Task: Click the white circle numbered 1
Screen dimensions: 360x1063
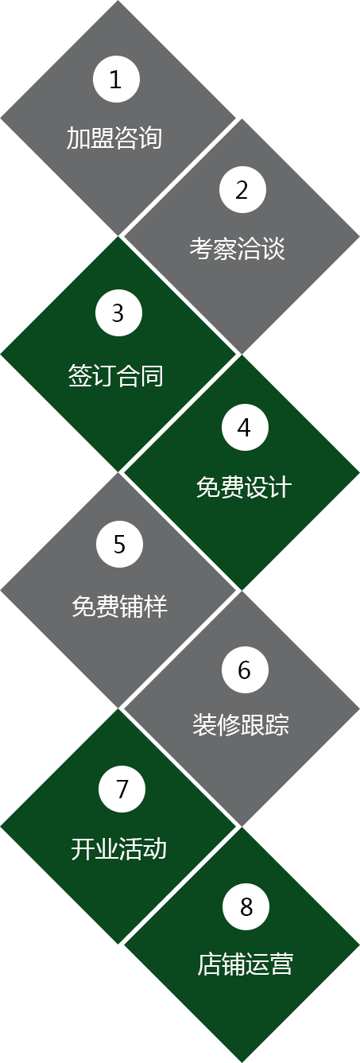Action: (116, 79)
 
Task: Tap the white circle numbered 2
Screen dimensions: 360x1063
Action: (242, 189)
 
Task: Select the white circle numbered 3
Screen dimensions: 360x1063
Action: (118, 312)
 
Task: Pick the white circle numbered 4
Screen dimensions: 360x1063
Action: (245, 427)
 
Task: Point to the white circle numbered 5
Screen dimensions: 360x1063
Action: (119, 544)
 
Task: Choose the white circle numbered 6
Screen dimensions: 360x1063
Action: (245, 669)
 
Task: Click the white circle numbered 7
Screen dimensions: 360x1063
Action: (122, 789)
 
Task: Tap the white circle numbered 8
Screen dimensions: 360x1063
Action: (246, 906)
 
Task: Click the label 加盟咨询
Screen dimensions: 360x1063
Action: (114, 138)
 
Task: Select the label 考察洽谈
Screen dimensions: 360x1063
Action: (237, 248)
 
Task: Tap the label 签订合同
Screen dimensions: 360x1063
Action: (116, 376)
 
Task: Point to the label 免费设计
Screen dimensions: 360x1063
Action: (244, 487)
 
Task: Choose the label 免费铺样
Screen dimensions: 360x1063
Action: (119, 607)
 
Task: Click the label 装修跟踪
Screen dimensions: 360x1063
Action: (241, 724)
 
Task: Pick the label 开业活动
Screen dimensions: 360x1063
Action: (119, 849)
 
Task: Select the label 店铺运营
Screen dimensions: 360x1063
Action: (246, 964)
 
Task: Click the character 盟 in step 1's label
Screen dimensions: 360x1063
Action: (102, 138)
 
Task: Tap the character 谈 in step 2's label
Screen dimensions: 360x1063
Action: (273, 248)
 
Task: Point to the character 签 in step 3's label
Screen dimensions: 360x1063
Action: (79, 376)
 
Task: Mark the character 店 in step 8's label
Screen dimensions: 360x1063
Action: (209, 964)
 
